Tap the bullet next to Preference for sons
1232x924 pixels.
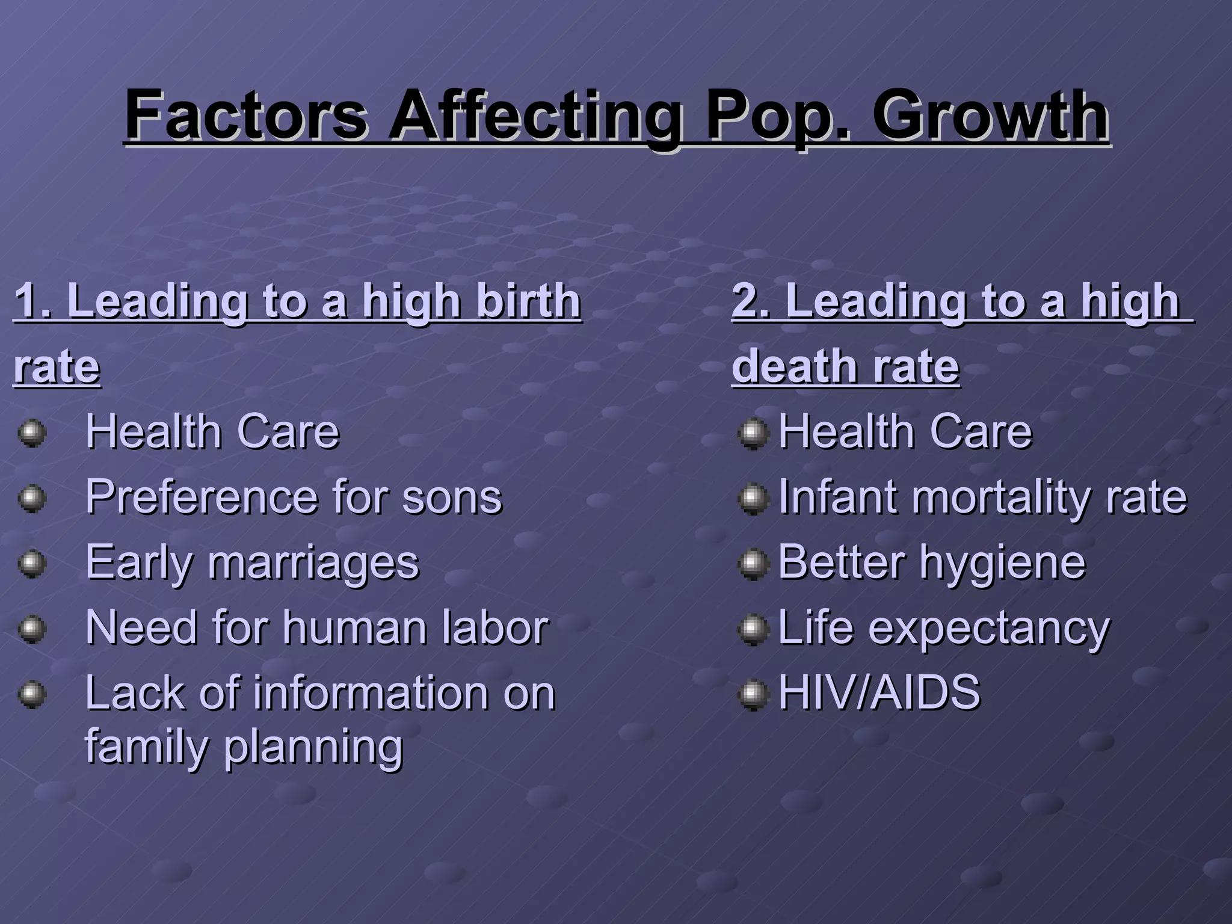32,499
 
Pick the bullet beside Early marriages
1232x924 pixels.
32,564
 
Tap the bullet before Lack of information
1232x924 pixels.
32,695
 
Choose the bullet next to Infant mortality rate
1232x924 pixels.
753,499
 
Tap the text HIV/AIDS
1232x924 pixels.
879,692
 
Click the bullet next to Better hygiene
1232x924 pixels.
753,564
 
